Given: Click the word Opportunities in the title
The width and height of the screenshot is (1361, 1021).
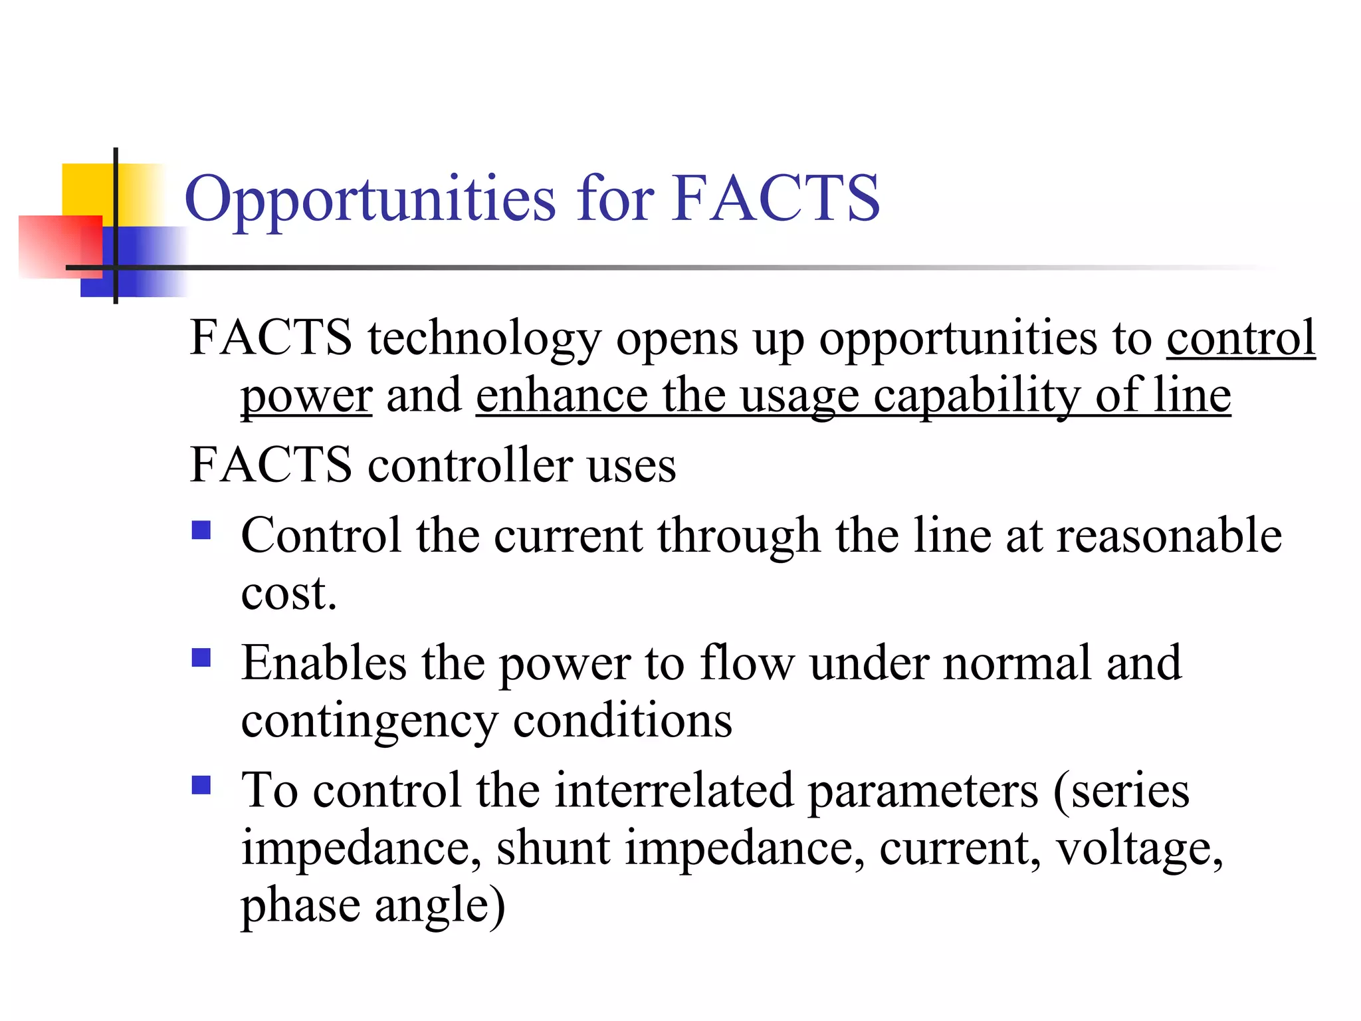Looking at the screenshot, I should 369,199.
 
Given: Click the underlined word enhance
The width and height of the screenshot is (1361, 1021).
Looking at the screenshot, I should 562,396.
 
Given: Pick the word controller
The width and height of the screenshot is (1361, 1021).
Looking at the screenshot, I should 471,465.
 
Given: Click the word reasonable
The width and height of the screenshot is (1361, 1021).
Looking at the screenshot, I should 1169,535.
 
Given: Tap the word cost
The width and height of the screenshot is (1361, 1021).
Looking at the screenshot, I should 288,593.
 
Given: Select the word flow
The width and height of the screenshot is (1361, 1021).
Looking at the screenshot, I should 746,663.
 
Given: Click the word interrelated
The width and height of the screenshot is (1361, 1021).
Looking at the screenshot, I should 674,790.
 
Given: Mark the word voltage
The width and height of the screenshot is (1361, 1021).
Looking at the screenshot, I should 1139,850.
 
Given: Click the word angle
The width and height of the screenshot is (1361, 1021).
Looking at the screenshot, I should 439,906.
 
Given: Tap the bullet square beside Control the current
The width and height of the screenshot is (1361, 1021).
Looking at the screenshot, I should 201,530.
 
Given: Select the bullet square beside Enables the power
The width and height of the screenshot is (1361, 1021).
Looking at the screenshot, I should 201,658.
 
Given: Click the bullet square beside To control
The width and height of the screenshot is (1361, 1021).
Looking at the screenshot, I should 201,786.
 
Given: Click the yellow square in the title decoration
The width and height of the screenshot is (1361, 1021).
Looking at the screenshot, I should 86,189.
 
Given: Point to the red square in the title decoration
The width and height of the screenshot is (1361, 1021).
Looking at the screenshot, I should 60,246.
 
